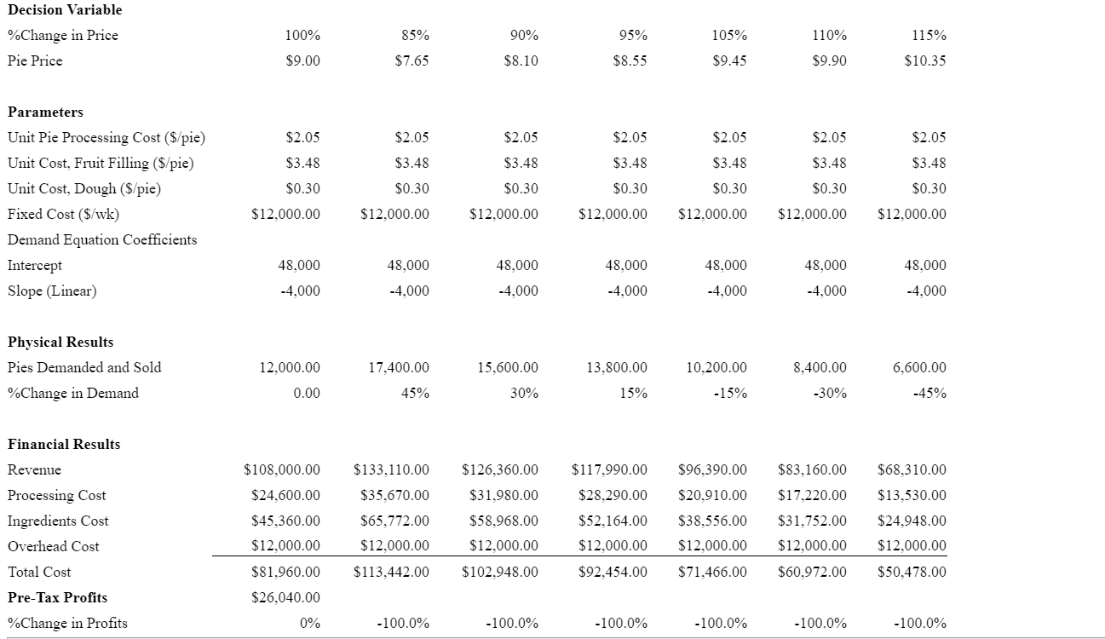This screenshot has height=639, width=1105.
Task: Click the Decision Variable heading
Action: pyautogui.click(x=65, y=9)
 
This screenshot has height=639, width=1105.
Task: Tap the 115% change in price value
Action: pyautogui.click(x=929, y=35)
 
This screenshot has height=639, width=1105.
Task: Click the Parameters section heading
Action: pyautogui.click(x=45, y=112)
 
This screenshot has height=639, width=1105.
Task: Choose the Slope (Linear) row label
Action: pyautogui.click(x=52, y=291)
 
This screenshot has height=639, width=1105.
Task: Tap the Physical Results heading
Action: pyautogui.click(x=60, y=342)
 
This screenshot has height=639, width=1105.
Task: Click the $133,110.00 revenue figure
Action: pyautogui.click(x=391, y=469)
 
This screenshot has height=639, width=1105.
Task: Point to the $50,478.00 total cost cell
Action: pyautogui.click(x=912, y=572)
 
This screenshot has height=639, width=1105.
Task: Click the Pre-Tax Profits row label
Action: pyautogui.click(x=57, y=597)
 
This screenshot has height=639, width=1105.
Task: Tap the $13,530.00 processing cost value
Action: pyautogui.click(x=912, y=495)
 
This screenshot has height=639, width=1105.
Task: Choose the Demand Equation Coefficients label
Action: pyautogui.click(x=102, y=239)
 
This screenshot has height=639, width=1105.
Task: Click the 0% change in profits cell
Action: pyautogui.click(x=309, y=623)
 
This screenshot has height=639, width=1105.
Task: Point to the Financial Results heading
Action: pyautogui.click(x=64, y=444)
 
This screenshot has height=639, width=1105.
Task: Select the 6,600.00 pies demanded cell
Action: pyautogui.click(x=919, y=367)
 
